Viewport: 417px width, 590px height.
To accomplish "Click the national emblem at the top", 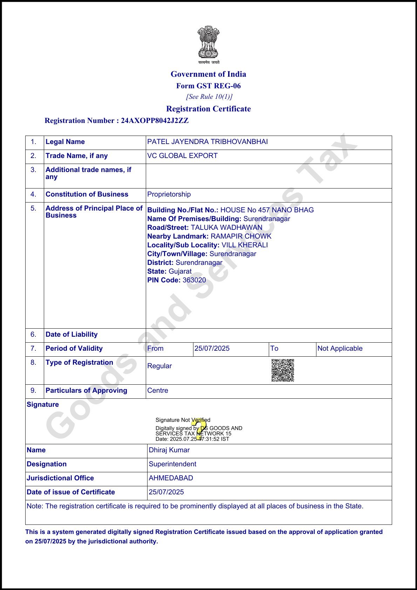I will click(208, 42).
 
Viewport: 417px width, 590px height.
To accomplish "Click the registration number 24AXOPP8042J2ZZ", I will click(155, 121).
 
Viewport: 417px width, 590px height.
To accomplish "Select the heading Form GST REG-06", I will click(208, 86).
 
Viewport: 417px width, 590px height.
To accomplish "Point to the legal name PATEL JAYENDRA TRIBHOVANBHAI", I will click(207, 142).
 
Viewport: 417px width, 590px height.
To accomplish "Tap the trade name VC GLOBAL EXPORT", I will click(182, 156).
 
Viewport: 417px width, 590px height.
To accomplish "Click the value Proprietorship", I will click(169, 194).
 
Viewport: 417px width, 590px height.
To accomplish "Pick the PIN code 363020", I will click(194, 280).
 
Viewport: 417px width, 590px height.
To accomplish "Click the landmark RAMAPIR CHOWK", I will click(241, 236).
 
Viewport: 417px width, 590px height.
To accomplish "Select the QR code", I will click(283, 370).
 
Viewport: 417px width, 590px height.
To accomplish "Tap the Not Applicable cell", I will click(340, 349).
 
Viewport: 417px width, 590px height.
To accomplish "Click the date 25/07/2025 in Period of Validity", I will click(212, 349).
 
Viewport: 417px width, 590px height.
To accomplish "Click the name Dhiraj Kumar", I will click(169, 450).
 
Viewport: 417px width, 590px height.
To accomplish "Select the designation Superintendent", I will click(172, 464).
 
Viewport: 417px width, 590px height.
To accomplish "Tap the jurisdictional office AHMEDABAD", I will click(171, 478).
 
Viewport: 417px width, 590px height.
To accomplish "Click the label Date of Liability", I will click(71, 335).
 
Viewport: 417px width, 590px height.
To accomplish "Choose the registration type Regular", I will click(159, 366).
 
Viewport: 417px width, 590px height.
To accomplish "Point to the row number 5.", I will click(33, 208).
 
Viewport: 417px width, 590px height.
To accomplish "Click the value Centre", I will click(158, 391).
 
